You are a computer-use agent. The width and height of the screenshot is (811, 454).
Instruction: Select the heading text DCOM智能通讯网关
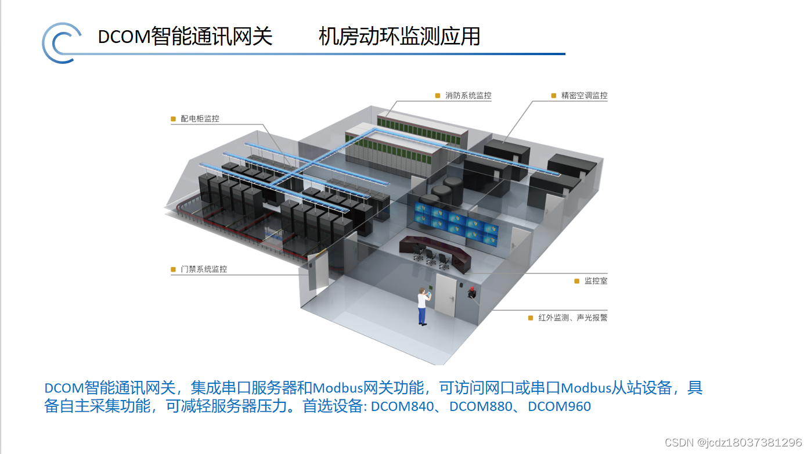185,37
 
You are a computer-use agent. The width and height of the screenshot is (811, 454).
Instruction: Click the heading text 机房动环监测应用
399,37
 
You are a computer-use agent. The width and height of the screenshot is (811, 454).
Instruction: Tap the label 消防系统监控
468,96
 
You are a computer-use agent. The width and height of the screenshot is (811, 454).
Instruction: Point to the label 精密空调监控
584,96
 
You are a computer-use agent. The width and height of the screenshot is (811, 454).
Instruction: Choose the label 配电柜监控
200,118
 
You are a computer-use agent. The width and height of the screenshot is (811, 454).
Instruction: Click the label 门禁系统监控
204,269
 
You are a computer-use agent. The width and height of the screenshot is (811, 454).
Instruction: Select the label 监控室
596,281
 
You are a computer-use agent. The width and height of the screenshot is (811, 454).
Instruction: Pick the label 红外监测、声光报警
572,318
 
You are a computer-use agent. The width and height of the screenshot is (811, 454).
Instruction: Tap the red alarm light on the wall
471,292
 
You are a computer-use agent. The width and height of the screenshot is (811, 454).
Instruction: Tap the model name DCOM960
559,406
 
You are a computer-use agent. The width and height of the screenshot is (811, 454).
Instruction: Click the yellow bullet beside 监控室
577,281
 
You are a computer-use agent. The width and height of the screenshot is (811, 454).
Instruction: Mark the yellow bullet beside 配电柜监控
173,119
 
